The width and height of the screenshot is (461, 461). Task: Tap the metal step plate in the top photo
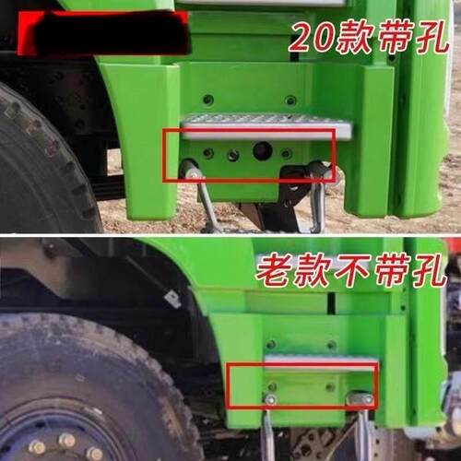pyautogui.click(x=265, y=125)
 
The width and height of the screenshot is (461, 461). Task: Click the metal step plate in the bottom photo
pyautogui.click(x=321, y=362)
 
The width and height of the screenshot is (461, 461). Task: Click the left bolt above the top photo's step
pyautogui.click(x=208, y=100)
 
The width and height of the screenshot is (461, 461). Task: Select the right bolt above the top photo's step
pyautogui.click(x=290, y=100)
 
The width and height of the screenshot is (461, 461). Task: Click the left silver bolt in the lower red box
pyautogui.click(x=272, y=398)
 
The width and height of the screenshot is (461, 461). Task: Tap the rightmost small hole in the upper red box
pyautogui.click(x=287, y=153)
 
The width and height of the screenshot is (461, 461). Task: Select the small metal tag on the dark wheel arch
pyautogui.click(x=171, y=298)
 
